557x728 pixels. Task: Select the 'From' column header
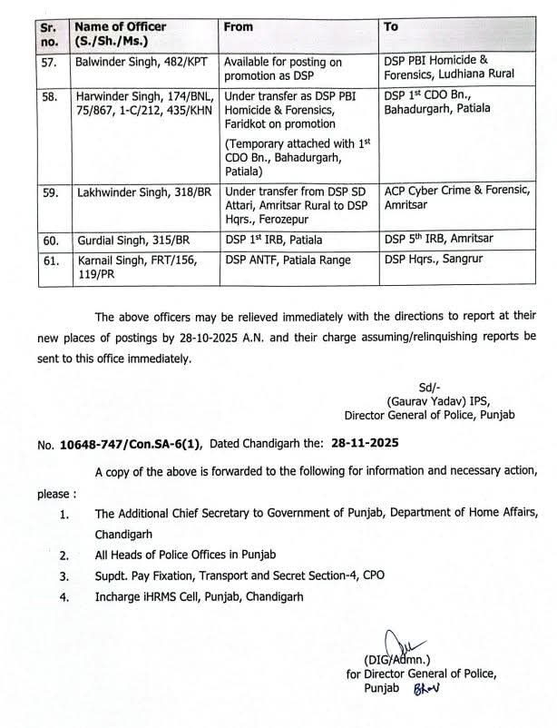coord(239,26)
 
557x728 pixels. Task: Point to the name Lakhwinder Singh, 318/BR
coord(142,192)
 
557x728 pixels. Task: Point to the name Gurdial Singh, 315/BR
coord(128,240)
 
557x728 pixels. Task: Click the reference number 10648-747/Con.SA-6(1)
coord(132,444)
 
